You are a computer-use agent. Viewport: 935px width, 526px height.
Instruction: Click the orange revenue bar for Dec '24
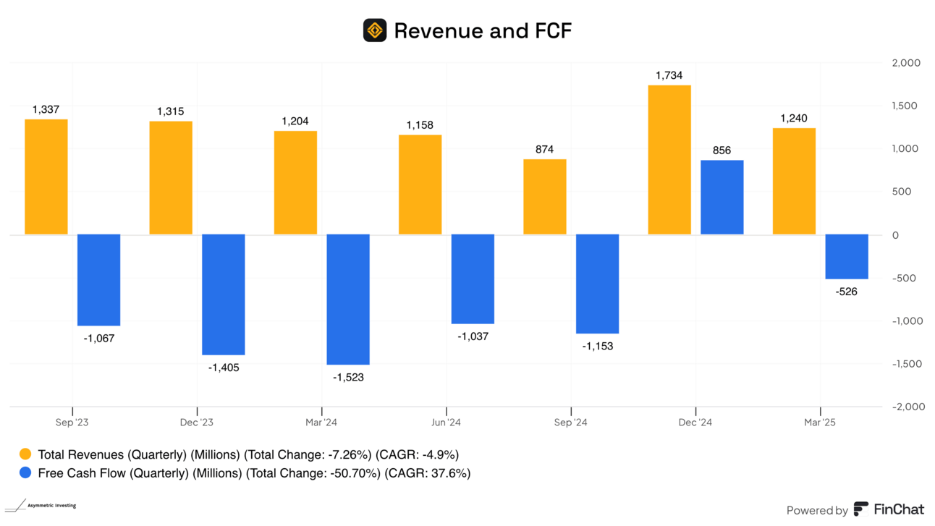(x=669, y=160)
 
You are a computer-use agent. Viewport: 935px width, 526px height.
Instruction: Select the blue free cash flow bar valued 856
(x=722, y=197)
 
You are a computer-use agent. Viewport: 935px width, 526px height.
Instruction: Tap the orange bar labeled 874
(x=544, y=197)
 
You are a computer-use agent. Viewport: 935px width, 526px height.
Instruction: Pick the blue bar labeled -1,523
(x=348, y=299)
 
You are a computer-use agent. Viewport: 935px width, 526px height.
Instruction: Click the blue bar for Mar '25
(x=847, y=256)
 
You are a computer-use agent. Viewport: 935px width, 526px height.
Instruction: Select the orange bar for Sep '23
(x=46, y=177)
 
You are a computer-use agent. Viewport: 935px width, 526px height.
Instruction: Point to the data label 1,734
(x=669, y=75)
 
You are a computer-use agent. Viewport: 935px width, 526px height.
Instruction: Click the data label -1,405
(x=224, y=368)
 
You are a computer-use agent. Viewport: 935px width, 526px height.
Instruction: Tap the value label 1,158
(x=420, y=125)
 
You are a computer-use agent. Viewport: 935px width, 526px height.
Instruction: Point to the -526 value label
(x=847, y=292)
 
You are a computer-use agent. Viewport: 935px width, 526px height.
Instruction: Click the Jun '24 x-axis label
(x=446, y=423)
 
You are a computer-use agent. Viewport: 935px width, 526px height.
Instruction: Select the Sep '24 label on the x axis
(x=571, y=423)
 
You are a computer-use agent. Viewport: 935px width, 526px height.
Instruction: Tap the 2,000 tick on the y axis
(x=905, y=63)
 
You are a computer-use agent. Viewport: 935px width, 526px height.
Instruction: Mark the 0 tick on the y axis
(x=895, y=235)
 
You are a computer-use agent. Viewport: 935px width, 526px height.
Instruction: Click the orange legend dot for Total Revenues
(x=25, y=454)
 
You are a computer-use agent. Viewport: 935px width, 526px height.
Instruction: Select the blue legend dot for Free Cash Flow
(x=25, y=473)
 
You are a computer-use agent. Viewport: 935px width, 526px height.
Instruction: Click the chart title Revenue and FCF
(x=483, y=30)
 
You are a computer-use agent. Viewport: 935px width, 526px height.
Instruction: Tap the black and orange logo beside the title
(x=375, y=30)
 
